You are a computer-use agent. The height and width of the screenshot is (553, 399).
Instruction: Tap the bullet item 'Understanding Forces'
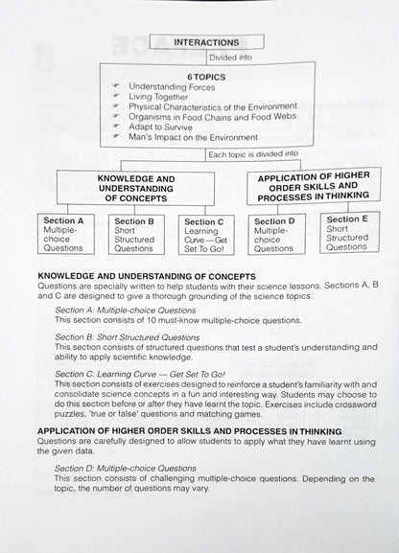click(x=172, y=86)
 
